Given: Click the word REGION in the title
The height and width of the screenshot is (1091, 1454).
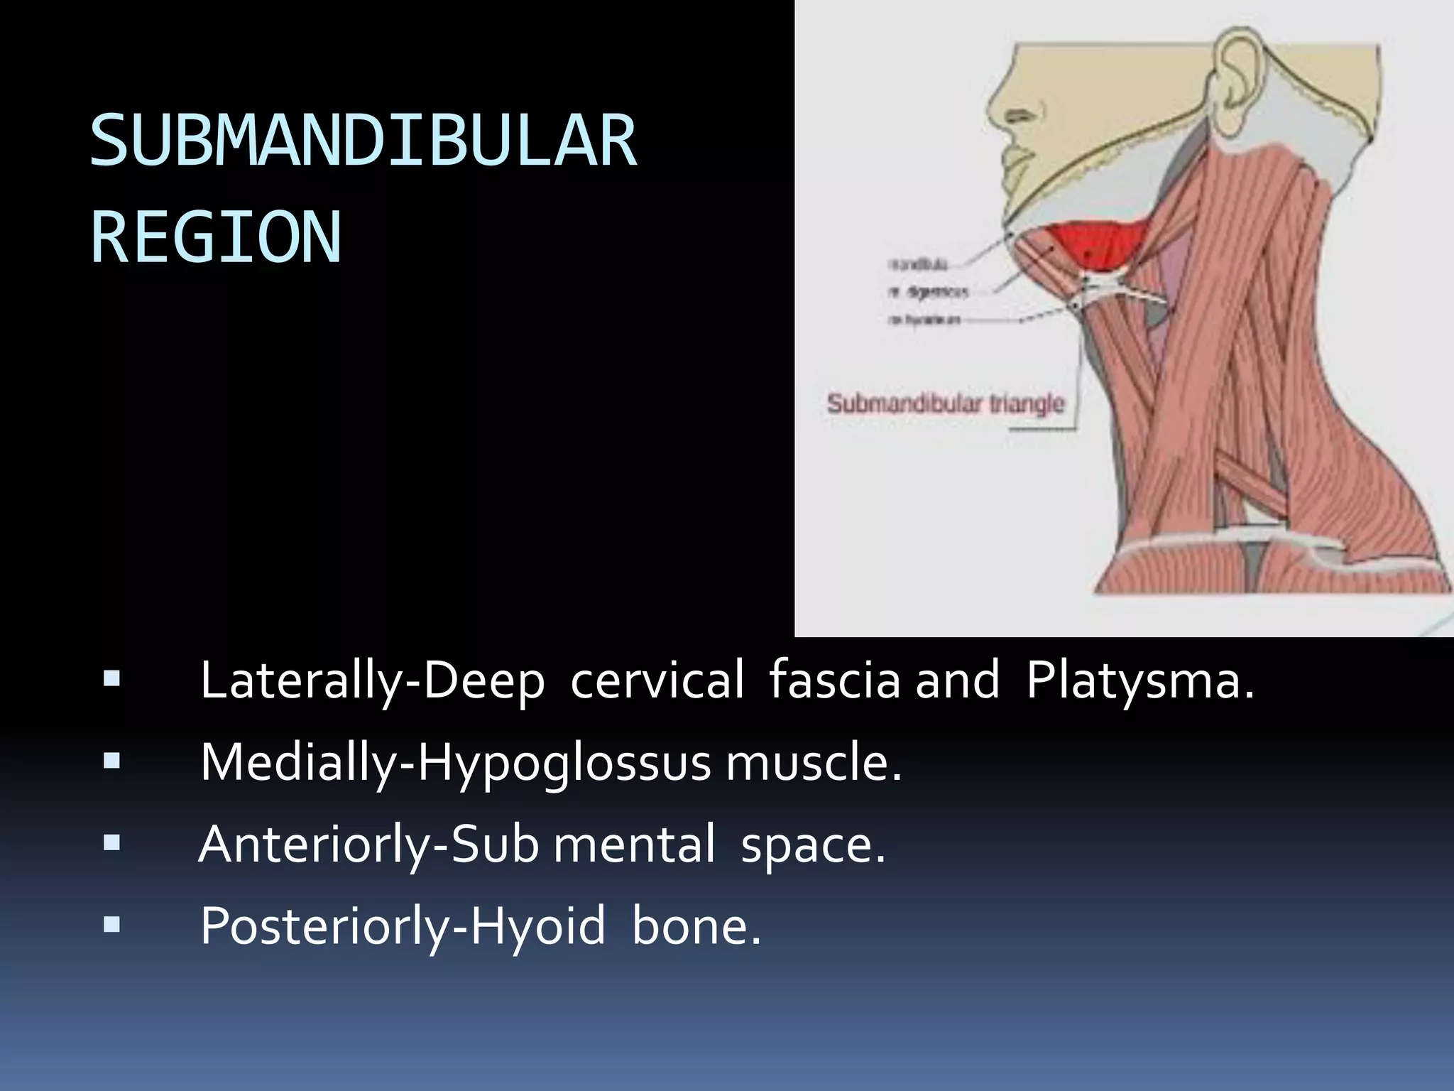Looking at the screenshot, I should tap(216, 237).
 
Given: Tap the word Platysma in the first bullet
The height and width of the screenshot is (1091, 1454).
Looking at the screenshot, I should tap(1139, 680).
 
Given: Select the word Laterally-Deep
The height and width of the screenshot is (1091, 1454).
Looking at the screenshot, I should tap(372, 681).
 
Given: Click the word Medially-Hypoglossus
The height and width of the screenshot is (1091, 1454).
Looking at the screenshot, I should tap(454, 763).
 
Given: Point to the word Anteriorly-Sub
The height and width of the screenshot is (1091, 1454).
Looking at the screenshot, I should tap(368, 845).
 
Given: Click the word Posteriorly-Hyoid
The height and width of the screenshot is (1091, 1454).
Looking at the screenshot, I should tap(403, 926).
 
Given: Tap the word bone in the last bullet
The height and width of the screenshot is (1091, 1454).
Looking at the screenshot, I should tap(695, 926).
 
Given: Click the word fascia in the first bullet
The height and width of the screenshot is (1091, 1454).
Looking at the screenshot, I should tap(834, 680).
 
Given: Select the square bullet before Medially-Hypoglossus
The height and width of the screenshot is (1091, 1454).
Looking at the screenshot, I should tap(111, 762).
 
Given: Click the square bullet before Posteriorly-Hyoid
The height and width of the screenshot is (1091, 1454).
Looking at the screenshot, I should tap(111, 925).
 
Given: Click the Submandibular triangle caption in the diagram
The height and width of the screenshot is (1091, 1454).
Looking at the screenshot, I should tap(946, 404).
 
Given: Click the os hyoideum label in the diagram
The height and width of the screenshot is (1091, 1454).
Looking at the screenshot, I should tap(924, 320).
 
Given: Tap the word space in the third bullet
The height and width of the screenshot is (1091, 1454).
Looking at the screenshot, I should tap(813, 845).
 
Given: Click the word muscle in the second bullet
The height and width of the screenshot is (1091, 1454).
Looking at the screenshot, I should tap(813, 763).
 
